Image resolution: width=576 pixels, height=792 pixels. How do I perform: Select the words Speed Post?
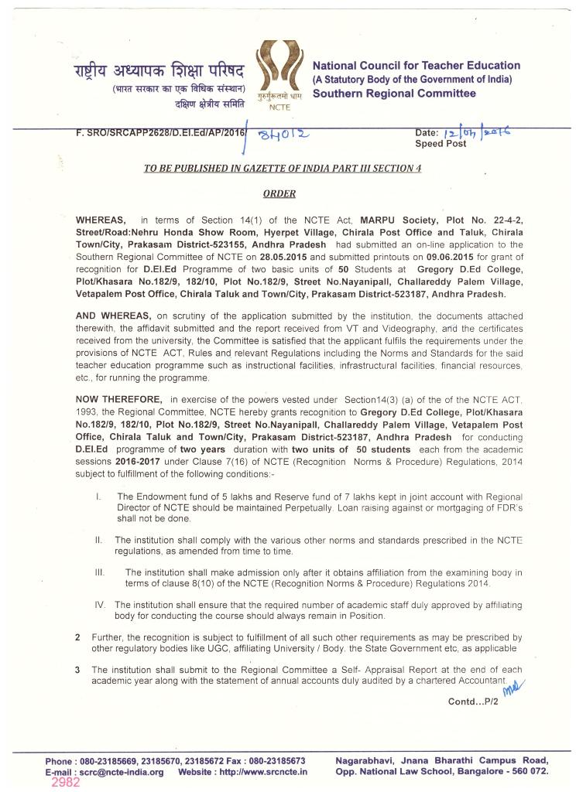pos(441,144)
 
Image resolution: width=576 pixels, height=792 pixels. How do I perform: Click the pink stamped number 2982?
pos(65,782)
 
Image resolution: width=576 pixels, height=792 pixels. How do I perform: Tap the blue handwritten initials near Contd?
pos(513,686)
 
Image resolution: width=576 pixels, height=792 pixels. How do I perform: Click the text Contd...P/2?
pos(473,702)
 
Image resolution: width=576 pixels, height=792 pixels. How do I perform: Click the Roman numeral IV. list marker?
pos(100,604)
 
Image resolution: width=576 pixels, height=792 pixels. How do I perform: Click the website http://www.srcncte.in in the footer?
pos(263,772)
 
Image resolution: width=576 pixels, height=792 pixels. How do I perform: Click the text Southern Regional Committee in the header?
pos(394,94)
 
